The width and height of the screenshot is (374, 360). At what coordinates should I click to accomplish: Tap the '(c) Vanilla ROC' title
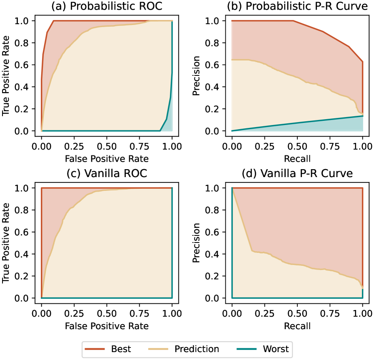point(106,174)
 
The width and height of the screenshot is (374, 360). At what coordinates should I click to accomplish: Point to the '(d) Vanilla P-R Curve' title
point(297,174)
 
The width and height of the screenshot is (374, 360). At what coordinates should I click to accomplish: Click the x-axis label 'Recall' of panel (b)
point(297,158)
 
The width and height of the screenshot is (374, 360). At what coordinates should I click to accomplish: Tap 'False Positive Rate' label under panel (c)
point(106,325)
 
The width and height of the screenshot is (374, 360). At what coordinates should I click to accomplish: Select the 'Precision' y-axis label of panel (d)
point(197,243)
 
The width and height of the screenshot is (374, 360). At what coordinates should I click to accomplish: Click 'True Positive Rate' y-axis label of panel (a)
point(6,76)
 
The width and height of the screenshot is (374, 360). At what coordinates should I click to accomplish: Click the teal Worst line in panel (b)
point(297,123)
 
